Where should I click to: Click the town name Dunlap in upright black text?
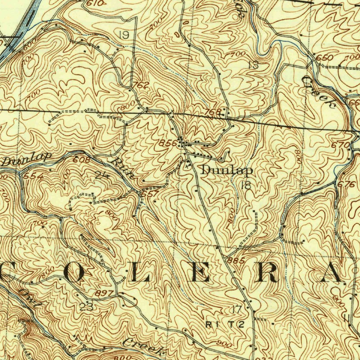(227, 171)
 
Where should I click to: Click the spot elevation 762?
(141, 85)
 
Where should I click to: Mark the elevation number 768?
(213, 112)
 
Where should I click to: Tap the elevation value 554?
(37, 176)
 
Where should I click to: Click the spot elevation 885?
(236, 261)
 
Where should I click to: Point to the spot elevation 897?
(105, 293)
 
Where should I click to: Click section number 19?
(124, 35)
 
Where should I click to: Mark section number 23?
(86, 307)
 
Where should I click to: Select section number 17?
(237, 309)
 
